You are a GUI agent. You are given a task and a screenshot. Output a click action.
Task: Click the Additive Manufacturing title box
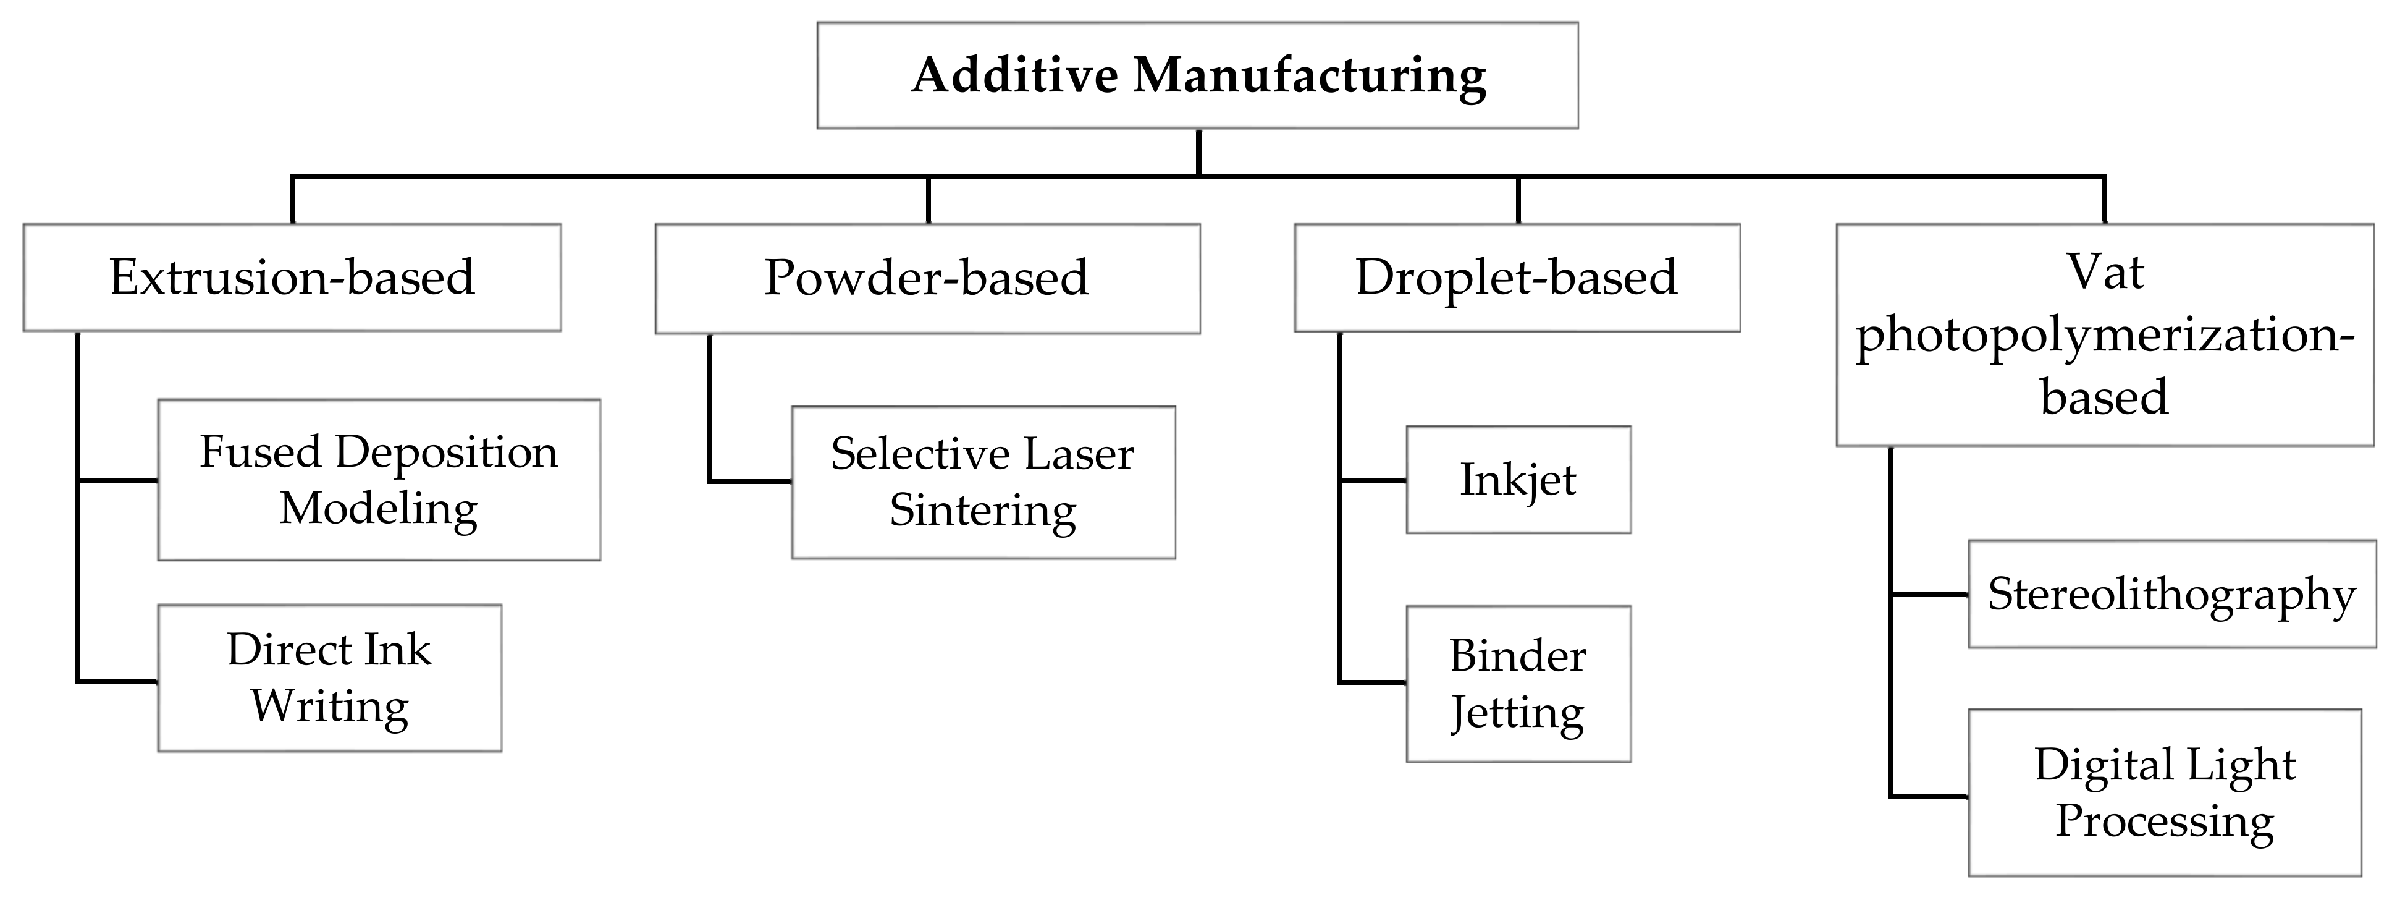pos(1197,75)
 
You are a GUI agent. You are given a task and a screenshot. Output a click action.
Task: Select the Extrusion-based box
pos(292,277)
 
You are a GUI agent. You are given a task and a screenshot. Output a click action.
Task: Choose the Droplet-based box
pos(1517,277)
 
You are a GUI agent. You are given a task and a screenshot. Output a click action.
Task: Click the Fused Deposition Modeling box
pos(379,479)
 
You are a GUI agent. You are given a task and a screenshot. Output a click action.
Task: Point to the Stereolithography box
pos(2171,593)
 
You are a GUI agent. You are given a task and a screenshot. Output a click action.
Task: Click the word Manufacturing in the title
pos(1308,76)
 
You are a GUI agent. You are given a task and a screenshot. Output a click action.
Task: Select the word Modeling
pos(379,508)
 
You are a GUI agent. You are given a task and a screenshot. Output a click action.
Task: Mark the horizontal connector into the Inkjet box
pos(1373,480)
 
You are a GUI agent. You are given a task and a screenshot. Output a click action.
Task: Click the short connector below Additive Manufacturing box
pos(1199,151)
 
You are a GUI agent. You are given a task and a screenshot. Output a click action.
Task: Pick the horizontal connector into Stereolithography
pos(1929,595)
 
